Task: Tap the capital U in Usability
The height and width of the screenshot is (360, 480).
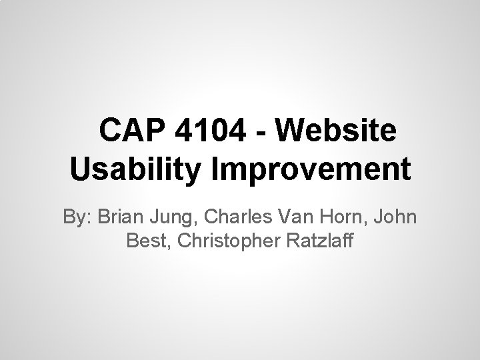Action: pos(79,169)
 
